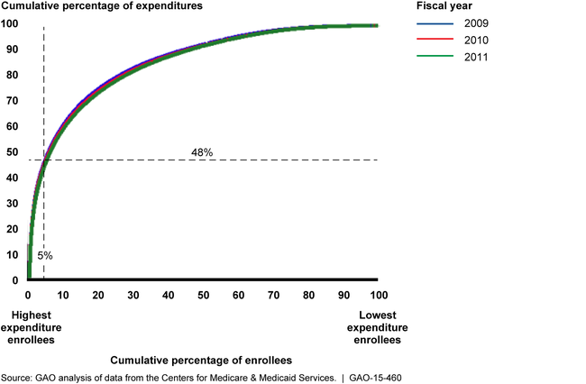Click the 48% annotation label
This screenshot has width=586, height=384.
(202, 152)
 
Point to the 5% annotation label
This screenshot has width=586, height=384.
(44, 256)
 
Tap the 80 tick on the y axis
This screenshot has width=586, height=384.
(13, 75)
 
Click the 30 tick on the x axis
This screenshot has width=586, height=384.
(133, 296)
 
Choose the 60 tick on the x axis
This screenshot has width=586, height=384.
(238, 296)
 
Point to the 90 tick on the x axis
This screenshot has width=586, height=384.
(343, 296)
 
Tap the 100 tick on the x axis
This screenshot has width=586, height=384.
(378, 296)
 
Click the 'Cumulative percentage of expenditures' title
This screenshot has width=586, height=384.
(101, 6)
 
